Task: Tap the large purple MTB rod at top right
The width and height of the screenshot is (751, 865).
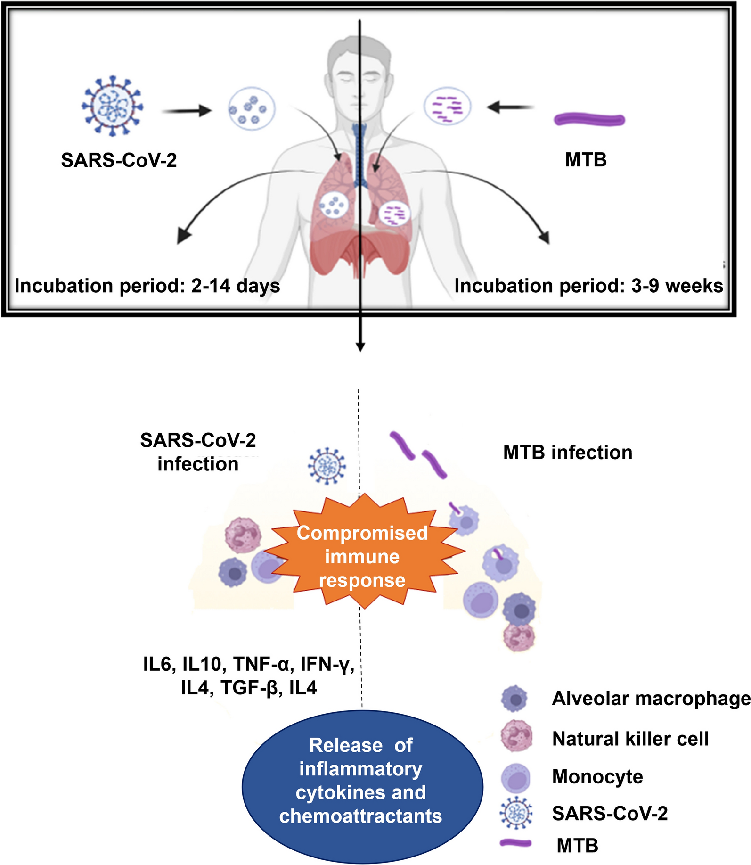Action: click(x=589, y=120)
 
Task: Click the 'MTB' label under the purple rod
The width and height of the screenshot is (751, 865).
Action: click(x=586, y=160)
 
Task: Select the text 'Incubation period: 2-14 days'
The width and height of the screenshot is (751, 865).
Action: click(x=147, y=286)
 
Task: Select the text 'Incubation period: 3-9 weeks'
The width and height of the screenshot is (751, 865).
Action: click(x=588, y=286)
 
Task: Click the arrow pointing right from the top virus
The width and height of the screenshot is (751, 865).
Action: click(x=187, y=111)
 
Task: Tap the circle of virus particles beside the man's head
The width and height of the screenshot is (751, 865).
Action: click(x=252, y=109)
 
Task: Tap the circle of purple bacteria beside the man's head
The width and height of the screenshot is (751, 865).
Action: click(x=447, y=106)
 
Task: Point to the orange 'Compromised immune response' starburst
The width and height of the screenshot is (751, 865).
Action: click(x=362, y=556)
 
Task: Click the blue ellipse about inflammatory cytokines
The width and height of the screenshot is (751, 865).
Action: click(x=362, y=783)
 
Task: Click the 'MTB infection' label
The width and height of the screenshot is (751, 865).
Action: click(x=568, y=453)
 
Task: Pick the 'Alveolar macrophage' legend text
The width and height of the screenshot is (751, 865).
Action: click(x=651, y=699)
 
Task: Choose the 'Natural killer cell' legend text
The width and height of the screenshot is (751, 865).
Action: click(x=630, y=739)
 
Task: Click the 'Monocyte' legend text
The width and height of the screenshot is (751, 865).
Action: click(x=597, y=776)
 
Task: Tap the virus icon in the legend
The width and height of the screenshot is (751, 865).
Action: click(x=516, y=813)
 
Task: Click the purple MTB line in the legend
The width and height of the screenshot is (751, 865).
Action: click(x=515, y=843)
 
